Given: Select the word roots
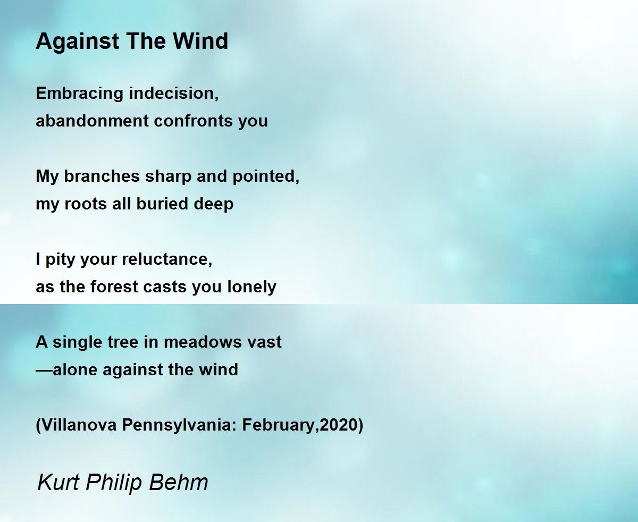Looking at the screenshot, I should click(x=86, y=204).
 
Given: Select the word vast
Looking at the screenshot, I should click(x=264, y=342).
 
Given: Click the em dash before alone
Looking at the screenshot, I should click(x=44, y=370).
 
